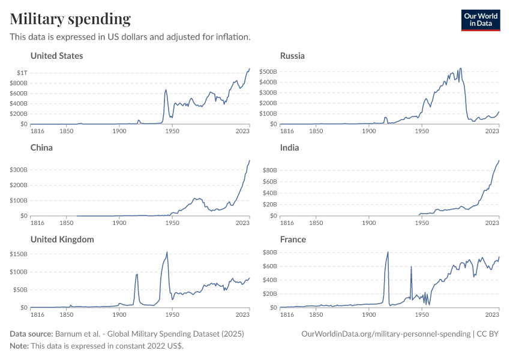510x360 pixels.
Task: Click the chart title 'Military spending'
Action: (x=70, y=19)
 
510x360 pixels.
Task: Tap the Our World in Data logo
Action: (x=480, y=19)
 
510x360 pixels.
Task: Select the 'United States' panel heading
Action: (x=56, y=56)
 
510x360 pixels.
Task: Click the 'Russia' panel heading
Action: (x=292, y=56)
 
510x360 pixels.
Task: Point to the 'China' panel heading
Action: (x=41, y=148)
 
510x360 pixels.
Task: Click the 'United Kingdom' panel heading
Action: (x=62, y=239)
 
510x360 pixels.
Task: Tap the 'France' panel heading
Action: (x=293, y=239)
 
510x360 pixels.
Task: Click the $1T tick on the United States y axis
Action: (x=22, y=73)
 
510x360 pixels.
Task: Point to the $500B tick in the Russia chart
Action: (x=268, y=71)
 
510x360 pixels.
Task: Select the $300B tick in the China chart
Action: (x=18, y=170)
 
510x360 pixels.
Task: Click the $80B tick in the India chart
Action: (x=269, y=170)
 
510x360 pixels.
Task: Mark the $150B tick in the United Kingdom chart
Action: (x=18, y=254)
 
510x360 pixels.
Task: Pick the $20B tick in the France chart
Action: (x=269, y=293)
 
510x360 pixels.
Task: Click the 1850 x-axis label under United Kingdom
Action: (x=66, y=314)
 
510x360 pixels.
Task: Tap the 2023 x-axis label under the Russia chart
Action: (x=493, y=131)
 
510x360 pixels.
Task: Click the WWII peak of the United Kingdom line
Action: (x=167, y=252)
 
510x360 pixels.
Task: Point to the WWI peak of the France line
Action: (x=388, y=252)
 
